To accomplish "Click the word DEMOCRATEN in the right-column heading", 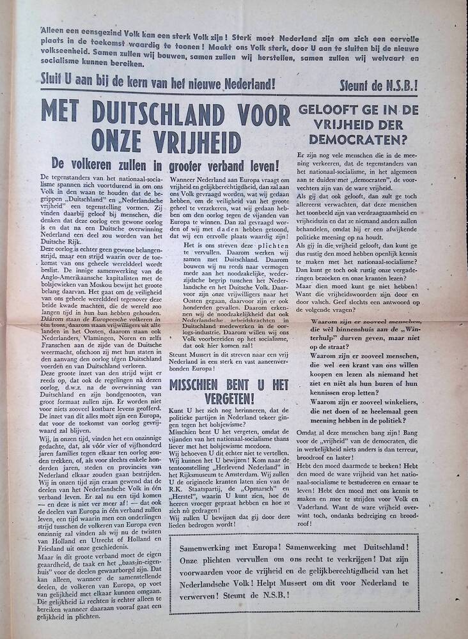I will [357, 136].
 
